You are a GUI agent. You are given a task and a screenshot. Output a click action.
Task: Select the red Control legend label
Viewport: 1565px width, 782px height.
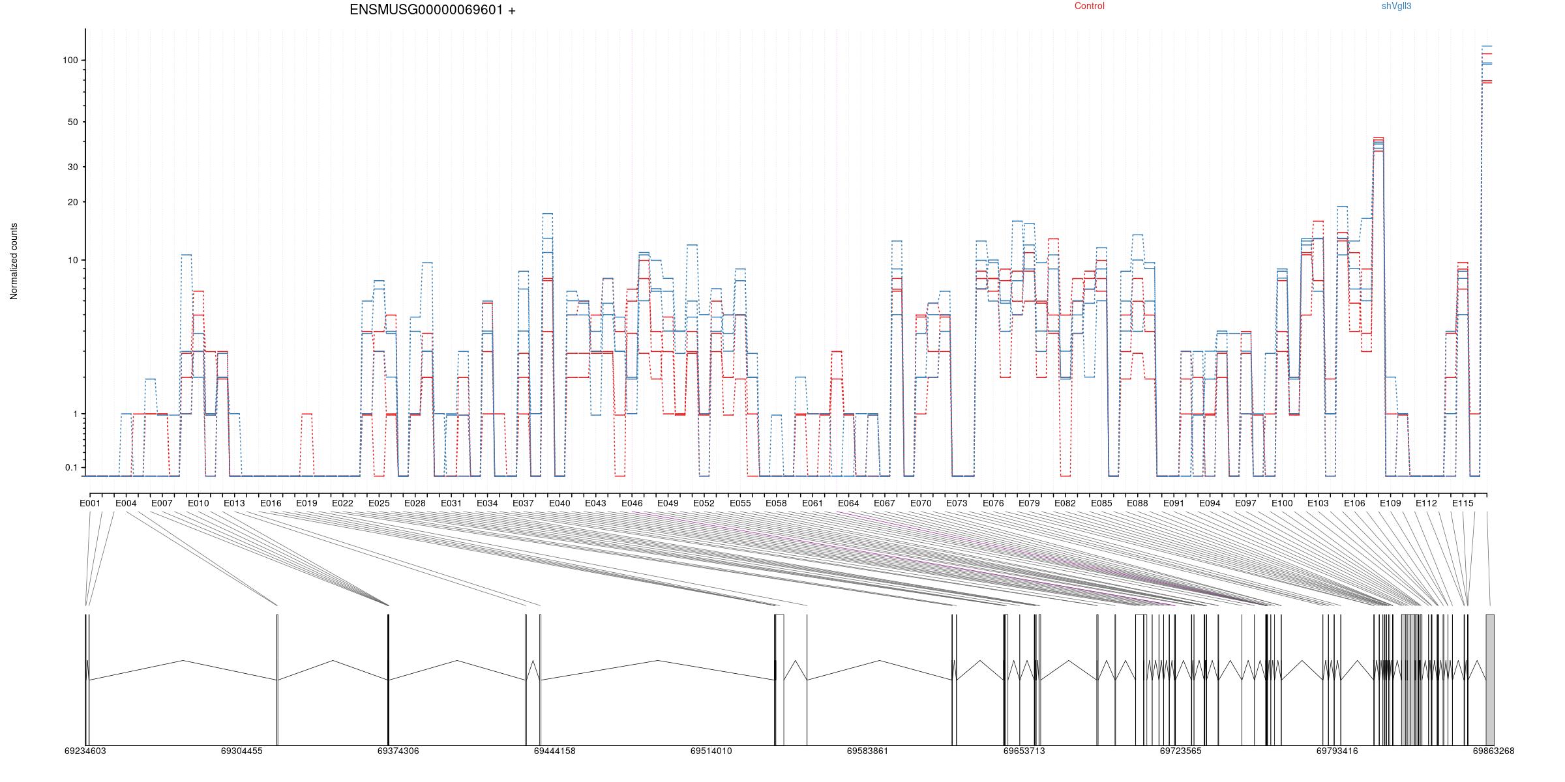(1090, 7)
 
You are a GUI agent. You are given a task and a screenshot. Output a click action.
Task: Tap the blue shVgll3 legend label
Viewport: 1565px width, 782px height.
(1397, 7)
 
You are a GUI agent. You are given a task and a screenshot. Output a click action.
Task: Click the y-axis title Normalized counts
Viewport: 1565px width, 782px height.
(14, 261)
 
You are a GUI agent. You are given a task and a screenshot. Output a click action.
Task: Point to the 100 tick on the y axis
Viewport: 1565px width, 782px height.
(70, 60)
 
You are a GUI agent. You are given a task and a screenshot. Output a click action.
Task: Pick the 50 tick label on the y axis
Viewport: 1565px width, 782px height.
(72, 122)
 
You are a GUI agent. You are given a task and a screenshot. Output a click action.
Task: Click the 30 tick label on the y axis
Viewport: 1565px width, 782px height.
(72, 167)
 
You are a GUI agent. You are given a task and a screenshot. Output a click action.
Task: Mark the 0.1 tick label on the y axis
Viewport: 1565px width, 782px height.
(71, 467)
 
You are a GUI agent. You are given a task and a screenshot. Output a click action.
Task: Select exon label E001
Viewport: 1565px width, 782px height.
(90, 503)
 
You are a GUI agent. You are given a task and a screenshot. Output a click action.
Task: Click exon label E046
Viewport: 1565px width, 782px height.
(631, 503)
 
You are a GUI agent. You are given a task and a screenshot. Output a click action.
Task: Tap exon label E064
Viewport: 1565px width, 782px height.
(848, 503)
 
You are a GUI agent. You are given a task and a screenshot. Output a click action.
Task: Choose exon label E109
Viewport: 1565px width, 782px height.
(1390, 503)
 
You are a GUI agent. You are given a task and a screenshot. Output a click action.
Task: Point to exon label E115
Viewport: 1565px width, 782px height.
(1463, 503)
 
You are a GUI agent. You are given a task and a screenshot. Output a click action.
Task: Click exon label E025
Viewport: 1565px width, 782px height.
(379, 503)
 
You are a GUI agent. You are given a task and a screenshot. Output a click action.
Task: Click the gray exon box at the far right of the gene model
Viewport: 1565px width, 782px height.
(1490, 680)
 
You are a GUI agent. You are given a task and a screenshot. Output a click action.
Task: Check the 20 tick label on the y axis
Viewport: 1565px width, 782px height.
(72, 202)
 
